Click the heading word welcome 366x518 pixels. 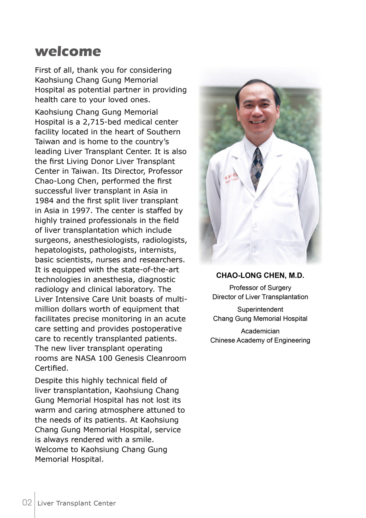pyautogui.click(x=68, y=51)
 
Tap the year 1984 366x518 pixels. pyautogui.click(x=45, y=201)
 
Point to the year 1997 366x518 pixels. pyautogui.click(x=81, y=211)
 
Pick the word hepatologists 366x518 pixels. pyautogui.click(x=60, y=250)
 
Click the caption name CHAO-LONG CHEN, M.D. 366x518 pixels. pyautogui.click(x=260, y=276)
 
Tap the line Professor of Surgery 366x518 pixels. pyautogui.click(x=260, y=288)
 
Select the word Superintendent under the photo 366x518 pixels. pyautogui.click(x=260, y=310)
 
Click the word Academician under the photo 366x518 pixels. pyautogui.click(x=260, y=331)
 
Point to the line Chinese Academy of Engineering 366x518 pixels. pyautogui.click(x=260, y=340)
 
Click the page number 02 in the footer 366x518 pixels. pyautogui.click(x=27, y=503)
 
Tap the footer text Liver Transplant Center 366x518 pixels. pyautogui.click(x=77, y=503)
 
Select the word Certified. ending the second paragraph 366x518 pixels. pyautogui.click(x=52, y=368)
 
